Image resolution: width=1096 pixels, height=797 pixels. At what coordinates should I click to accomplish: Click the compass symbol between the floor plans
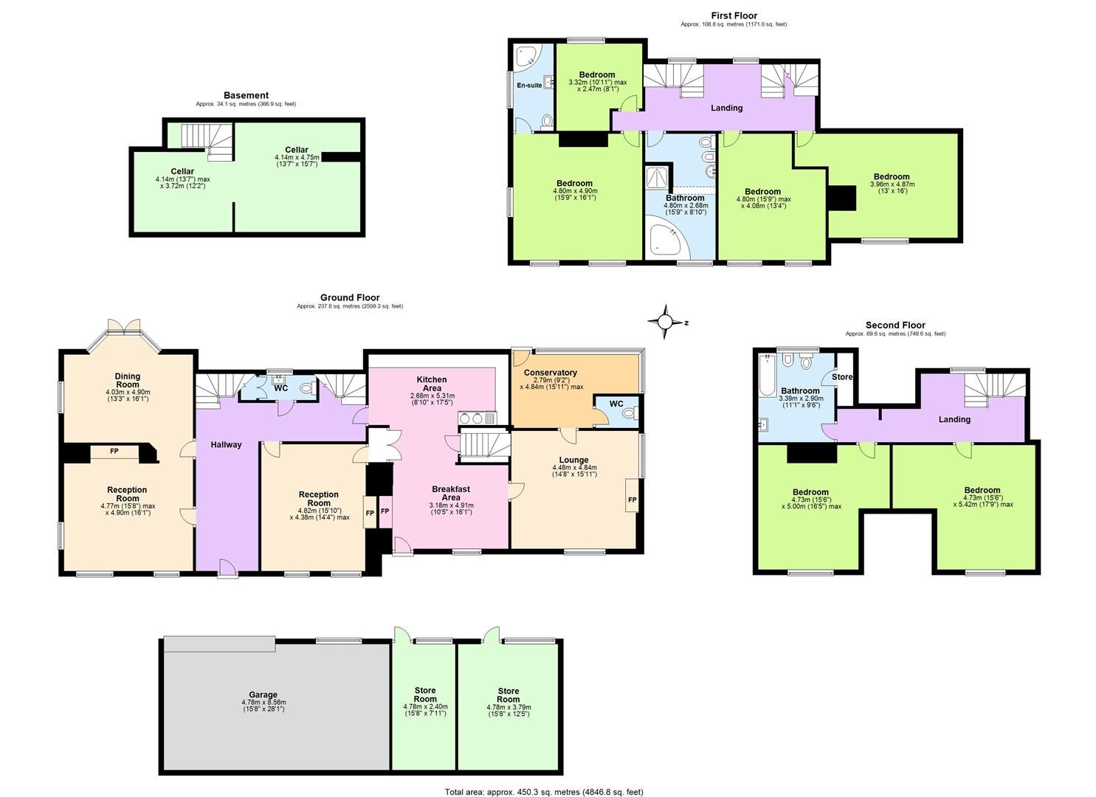(664, 321)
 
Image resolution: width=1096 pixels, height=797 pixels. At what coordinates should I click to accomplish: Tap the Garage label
(263, 694)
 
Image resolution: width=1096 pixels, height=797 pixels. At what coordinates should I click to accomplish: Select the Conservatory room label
(550, 373)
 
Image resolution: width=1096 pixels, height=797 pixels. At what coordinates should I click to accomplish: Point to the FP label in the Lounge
(632, 500)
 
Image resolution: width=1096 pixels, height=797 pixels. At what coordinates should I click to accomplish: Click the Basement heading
(246, 95)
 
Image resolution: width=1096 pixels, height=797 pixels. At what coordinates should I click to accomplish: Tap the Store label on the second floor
(842, 377)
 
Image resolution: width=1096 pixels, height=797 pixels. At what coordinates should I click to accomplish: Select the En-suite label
(528, 86)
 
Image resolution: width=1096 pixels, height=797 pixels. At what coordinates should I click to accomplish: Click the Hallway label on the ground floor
(226, 445)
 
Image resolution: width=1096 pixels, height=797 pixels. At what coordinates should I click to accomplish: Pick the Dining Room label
(127, 380)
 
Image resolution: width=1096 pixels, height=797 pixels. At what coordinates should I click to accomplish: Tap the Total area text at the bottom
(544, 792)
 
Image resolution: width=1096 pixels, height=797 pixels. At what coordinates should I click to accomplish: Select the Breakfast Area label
(450, 493)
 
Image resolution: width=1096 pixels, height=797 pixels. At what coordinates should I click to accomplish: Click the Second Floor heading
(895, 325)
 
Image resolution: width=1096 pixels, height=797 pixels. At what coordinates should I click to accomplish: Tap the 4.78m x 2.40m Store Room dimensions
(425, 711)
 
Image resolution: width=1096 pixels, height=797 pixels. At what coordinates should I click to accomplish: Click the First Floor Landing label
(726, 108)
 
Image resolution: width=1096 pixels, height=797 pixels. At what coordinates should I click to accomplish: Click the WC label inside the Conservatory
(616, 404)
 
